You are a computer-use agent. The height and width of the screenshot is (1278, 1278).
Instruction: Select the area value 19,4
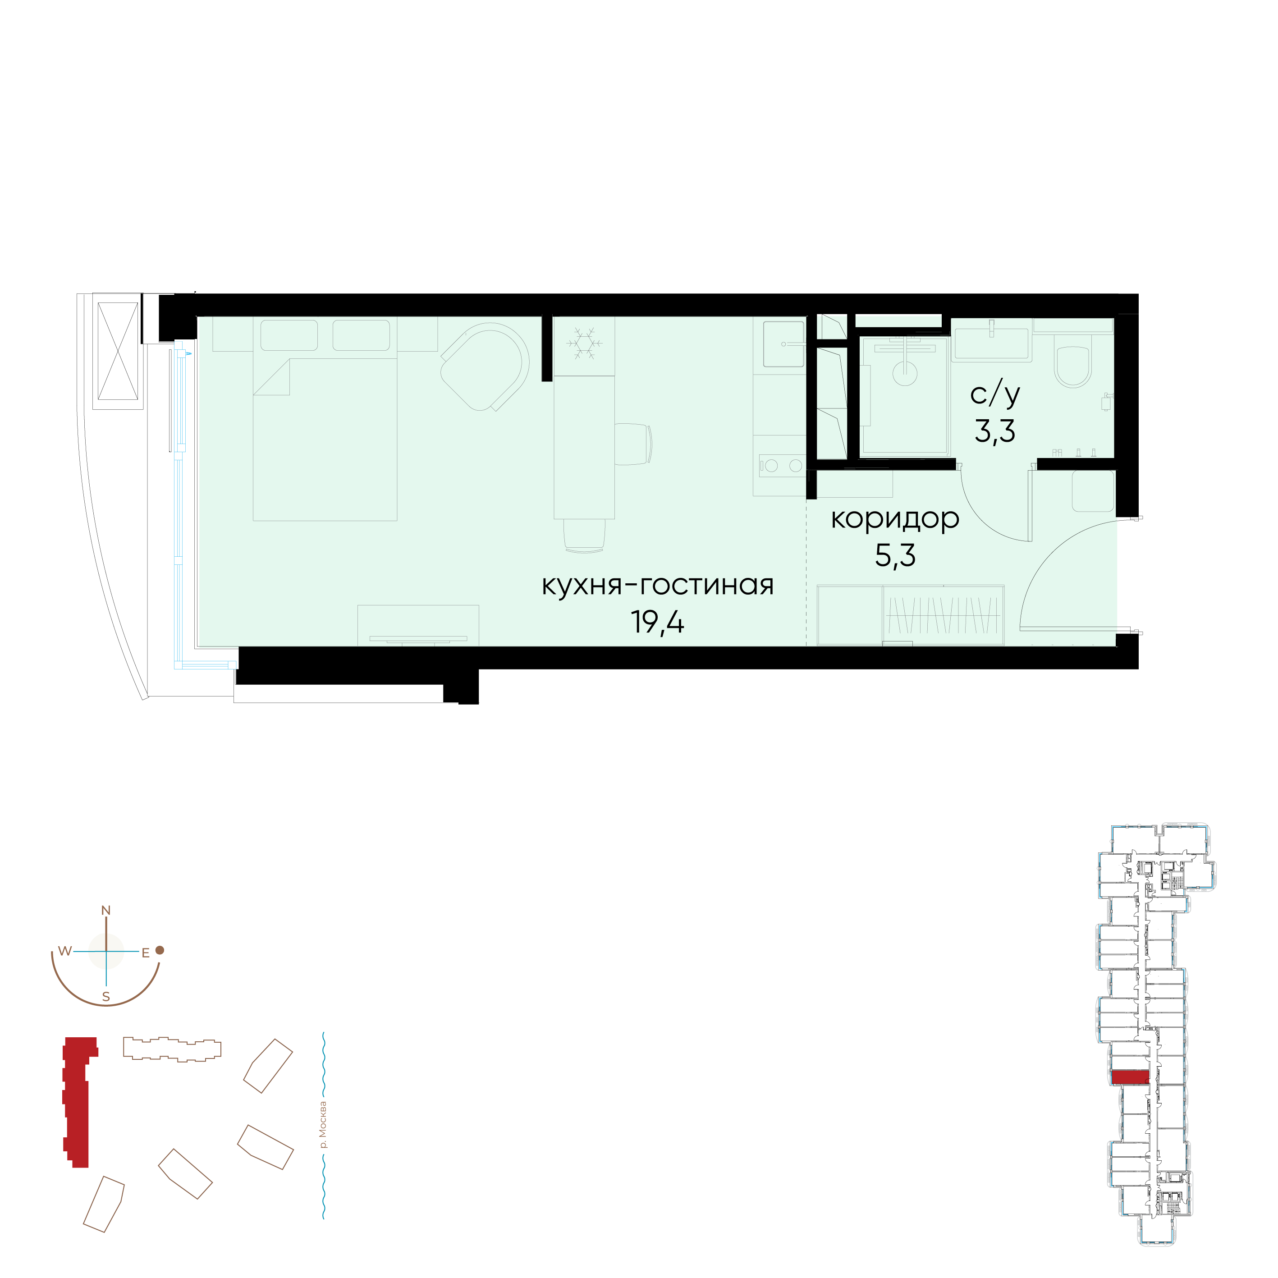658,622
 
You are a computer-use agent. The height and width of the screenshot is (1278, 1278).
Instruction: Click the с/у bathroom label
995,395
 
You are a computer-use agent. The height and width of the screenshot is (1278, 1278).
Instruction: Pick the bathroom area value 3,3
995,431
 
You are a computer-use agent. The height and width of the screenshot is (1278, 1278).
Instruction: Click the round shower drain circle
905,373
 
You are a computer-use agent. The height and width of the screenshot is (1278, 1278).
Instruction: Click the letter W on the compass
65,951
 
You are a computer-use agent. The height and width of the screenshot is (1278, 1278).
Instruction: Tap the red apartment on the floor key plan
1130,1077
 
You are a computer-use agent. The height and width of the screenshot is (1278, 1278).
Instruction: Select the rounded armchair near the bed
485,367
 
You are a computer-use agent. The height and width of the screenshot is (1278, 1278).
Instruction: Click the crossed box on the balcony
119,351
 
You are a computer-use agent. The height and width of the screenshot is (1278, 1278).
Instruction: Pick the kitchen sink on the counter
784,344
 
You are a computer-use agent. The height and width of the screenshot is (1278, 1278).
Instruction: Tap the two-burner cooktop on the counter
781,466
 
